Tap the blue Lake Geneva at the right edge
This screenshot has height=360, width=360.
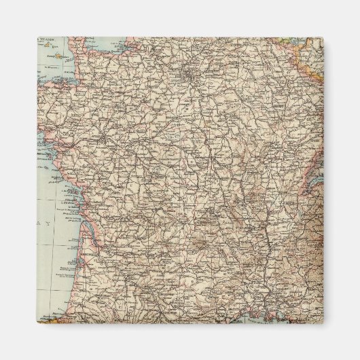pos(314,178)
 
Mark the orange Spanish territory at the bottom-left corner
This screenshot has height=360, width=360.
pos(51,318)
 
